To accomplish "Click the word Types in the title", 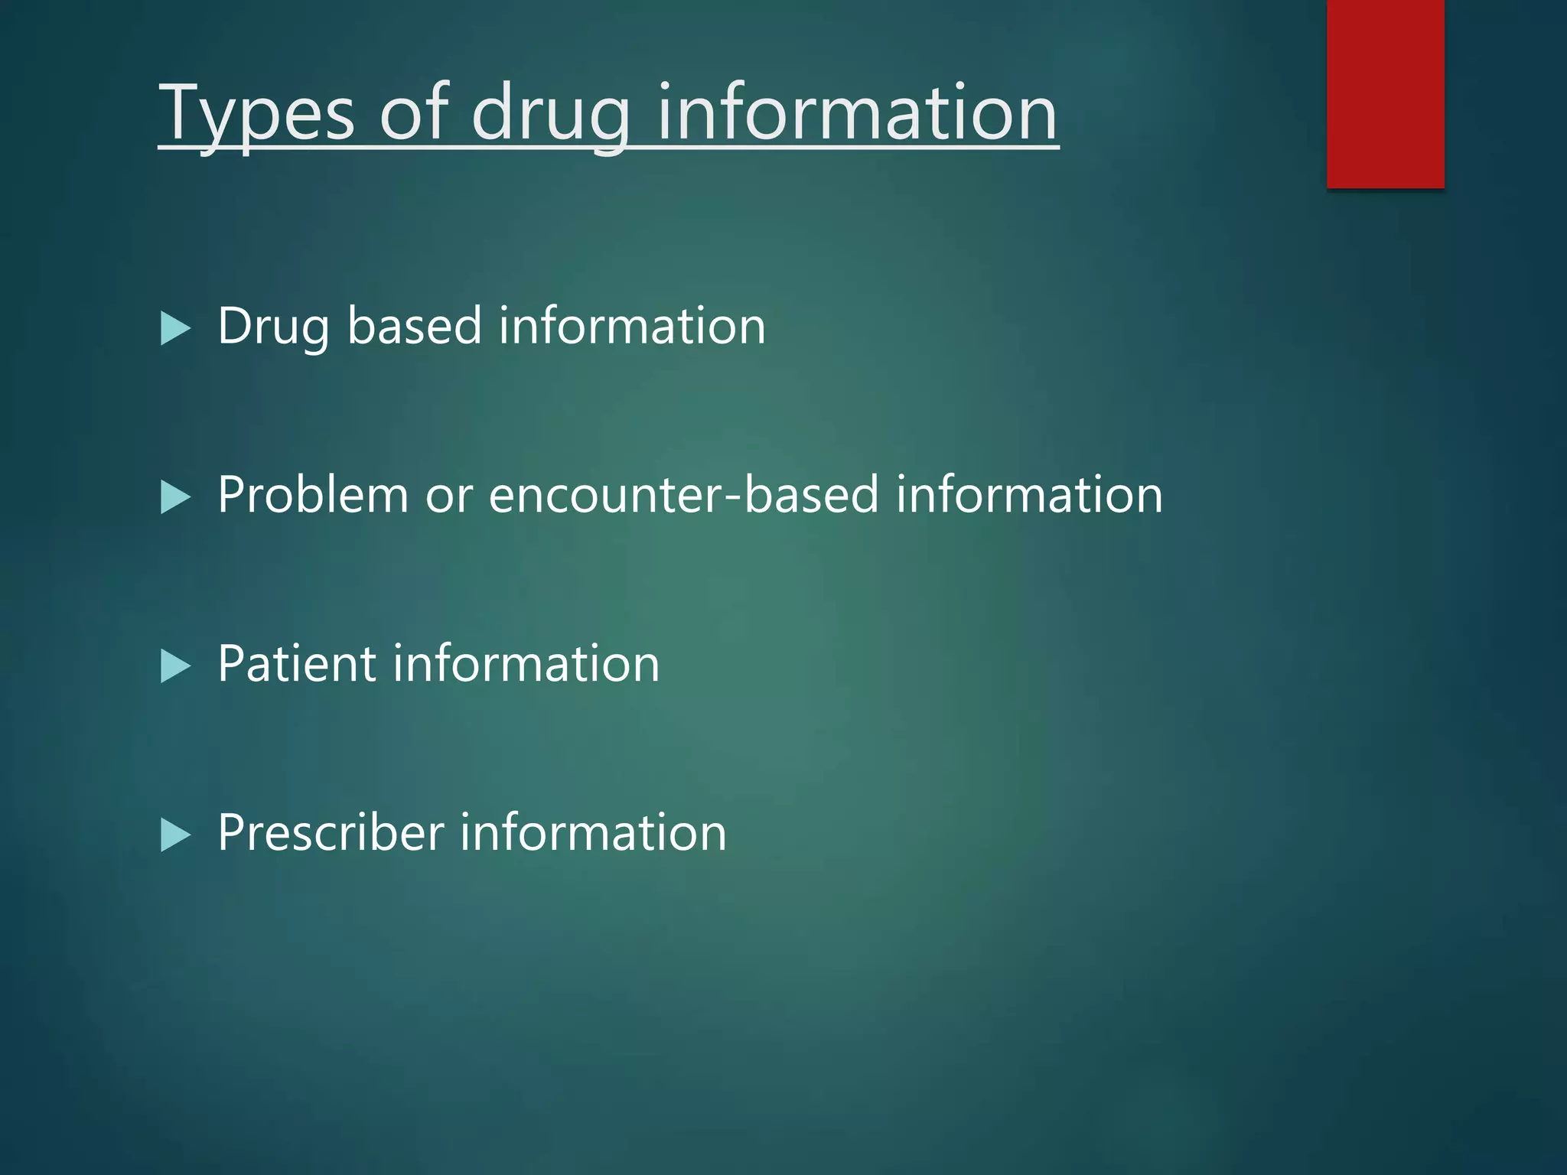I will point(256,115).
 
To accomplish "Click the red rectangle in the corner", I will point(1385,93).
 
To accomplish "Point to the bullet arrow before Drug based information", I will point(175,329).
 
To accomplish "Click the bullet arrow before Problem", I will point(175,498).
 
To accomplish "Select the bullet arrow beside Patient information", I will point(175,666).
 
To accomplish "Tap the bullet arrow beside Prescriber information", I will point(175,835).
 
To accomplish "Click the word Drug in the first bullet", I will point(273,327).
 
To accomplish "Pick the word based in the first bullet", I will point(414,326).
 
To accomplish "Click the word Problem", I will point(313,495).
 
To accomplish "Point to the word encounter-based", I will point(683,495).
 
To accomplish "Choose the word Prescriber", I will point(331,832).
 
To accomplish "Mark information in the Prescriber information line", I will point(593,832).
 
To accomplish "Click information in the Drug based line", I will point(632,326).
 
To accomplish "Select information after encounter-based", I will point(1029,495).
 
